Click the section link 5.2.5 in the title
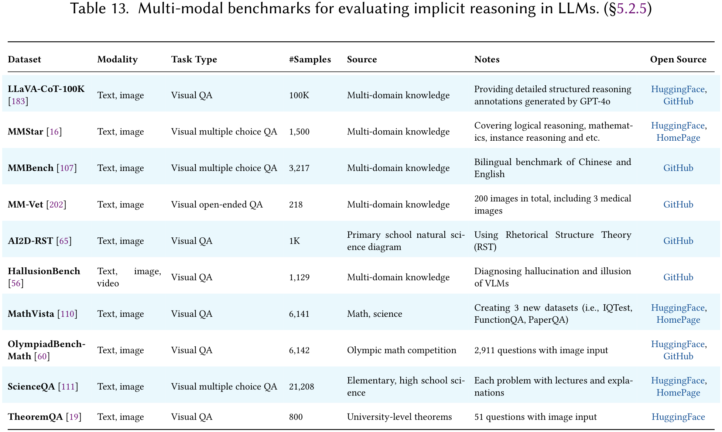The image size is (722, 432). point(632,9)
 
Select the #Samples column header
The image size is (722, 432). point(310,59)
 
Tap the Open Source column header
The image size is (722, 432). point(678,59)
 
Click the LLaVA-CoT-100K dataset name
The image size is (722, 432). point(46,89)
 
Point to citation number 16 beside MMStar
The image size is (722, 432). point(54,132)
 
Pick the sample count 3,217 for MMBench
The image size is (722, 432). point(299,168)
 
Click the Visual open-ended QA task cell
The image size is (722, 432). point(217,205)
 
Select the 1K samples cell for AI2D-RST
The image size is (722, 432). point(294,241)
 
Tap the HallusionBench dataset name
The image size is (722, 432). point(44,271)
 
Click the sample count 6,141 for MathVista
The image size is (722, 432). point(299,314)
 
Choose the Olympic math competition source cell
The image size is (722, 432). point(401,350)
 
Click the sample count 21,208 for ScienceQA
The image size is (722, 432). point(301,387)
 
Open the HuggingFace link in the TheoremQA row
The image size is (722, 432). point(678,417)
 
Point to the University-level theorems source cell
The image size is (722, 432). point(399,417)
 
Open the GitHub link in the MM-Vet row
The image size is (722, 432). point(678,205)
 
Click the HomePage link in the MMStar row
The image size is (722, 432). point(678,138)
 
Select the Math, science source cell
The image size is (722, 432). point(374,314)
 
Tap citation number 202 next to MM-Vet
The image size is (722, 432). point(56,205)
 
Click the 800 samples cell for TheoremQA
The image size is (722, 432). point(296,417)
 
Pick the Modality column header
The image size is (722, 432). point(117,59)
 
